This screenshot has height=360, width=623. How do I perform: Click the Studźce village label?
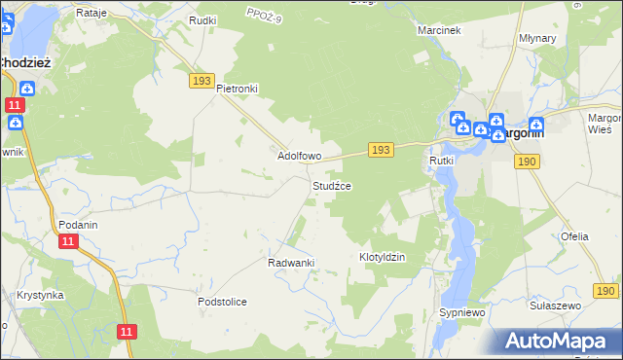click(331, 186)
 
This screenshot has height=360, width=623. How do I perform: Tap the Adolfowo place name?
click(300, 156)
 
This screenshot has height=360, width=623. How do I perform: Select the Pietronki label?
click(237, 89)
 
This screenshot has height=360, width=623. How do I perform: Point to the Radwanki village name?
click(290, 263)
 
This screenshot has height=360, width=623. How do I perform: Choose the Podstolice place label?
click(222, 302)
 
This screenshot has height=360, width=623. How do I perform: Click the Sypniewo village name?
click(461, 312)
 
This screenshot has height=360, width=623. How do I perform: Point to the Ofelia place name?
click(574, 236)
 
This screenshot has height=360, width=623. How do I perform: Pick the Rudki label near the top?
click(203, 20)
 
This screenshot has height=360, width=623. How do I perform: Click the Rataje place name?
click(91, 13)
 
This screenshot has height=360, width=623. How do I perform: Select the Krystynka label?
click(40, 295)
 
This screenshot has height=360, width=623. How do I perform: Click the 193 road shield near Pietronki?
click(202, 82)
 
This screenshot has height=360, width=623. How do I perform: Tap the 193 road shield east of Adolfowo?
click(381, 149)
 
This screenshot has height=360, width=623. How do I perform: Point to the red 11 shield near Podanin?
click(67, 241)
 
